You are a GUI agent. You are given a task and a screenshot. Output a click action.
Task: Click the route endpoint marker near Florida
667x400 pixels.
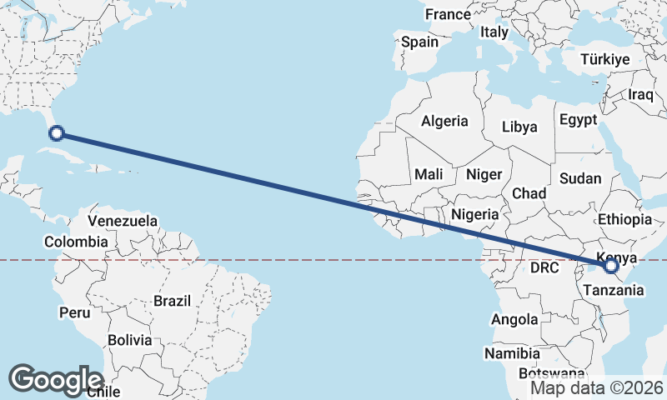[57, 132]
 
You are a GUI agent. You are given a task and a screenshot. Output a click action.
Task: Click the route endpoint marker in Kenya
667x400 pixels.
[611, 266]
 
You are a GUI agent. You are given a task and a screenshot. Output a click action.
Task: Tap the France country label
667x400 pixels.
[448, 14]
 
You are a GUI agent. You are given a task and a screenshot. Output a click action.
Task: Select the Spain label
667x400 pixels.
[419, 42]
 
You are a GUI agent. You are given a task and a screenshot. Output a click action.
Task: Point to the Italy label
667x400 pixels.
[494, 32]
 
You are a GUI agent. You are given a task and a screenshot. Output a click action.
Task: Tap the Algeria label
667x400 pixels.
[444, 121]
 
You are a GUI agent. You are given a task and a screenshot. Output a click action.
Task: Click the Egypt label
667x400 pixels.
[578, 120]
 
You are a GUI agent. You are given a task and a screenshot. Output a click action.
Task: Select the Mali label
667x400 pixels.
[429, 174]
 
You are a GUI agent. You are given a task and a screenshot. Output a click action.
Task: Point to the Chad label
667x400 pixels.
[529, 193]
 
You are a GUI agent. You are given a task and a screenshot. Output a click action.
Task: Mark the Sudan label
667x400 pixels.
[580, 178]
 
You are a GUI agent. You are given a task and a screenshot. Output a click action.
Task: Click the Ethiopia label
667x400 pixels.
[624, 220]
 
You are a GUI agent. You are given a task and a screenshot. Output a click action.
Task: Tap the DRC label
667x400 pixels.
[545, 268]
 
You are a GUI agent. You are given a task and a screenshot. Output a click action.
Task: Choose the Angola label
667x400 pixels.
[514, 319]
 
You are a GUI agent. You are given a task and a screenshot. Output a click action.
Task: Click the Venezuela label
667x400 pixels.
[123, 221]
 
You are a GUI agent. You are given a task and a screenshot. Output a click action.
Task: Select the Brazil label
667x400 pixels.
[173, 300]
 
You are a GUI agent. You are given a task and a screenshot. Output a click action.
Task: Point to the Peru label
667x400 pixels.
[74, 312]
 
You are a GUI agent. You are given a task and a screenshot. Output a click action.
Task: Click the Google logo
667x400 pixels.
[56, 379]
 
